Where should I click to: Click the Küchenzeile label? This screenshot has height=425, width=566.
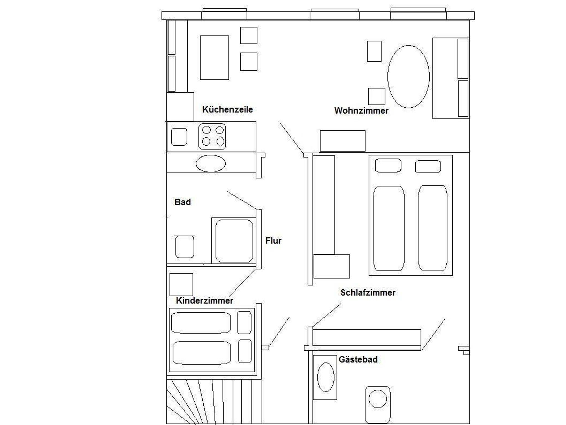[x=227, y=110]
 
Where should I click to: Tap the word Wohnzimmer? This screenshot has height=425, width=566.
[x=361, y=111]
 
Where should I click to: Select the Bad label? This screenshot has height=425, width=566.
[x=182, y=202]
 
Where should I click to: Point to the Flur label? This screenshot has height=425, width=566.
[x=273, y=241]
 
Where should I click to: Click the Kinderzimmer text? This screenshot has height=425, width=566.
[x=205, y=301]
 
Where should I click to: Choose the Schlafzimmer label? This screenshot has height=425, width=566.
[x=368, y=293]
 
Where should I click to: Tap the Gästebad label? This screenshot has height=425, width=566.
[x=358, y=360]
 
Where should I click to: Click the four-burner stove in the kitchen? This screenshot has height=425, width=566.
[x=212, y=137]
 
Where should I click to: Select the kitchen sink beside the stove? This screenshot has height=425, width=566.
[x=179, y=137]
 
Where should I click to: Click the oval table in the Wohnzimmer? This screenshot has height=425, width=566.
[x=408, y=77]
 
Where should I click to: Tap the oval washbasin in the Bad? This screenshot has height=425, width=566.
[x=211, y=163]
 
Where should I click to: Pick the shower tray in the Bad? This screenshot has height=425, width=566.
[x=234, y=240]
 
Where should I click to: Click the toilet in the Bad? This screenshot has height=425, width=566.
[x=185, y=246]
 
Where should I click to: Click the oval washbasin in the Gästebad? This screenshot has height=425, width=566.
[x=326, y=377]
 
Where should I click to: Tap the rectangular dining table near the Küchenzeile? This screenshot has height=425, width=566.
[x=214, y=57]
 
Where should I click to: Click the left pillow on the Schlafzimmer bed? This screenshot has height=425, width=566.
[x=388, y=166]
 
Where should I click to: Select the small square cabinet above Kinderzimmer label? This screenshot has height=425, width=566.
[x=181, y=285]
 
